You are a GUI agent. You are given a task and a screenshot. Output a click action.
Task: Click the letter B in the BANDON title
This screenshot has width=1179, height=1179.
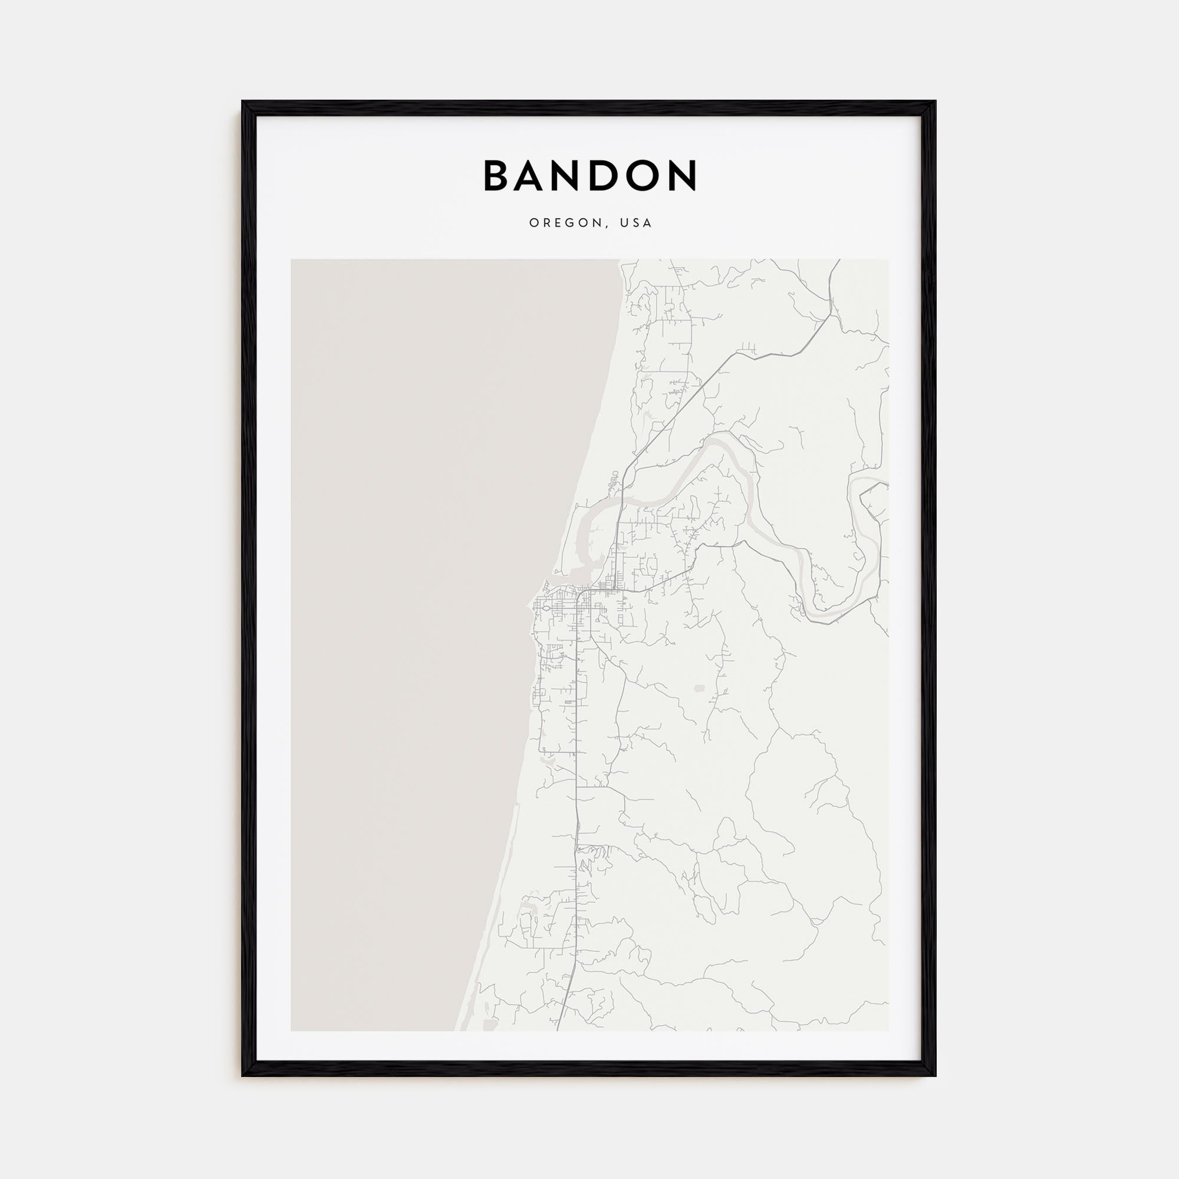click(498, 176)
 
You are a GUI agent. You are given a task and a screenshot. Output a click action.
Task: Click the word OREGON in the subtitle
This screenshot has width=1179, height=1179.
click(566, 223)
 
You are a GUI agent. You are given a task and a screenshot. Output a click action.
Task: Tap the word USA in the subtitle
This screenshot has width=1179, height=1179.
click(636, 223)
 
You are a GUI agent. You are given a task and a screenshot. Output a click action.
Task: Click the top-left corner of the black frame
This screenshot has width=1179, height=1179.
click(243, 102)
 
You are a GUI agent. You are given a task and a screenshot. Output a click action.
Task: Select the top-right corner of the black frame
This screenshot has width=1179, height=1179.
click(934, 102)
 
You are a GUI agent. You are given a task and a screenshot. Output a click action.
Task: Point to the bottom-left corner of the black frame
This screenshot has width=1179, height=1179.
click(243, 1075)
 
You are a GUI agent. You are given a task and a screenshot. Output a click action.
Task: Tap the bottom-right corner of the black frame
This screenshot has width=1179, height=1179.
click(934, 1075)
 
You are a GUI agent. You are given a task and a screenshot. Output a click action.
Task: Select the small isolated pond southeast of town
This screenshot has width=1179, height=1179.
click(699, 689)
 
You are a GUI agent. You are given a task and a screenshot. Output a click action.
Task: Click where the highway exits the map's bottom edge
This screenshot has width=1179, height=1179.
click(558, 1031)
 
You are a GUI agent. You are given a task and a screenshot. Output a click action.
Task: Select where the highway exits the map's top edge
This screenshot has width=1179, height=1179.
click(839, 260)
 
